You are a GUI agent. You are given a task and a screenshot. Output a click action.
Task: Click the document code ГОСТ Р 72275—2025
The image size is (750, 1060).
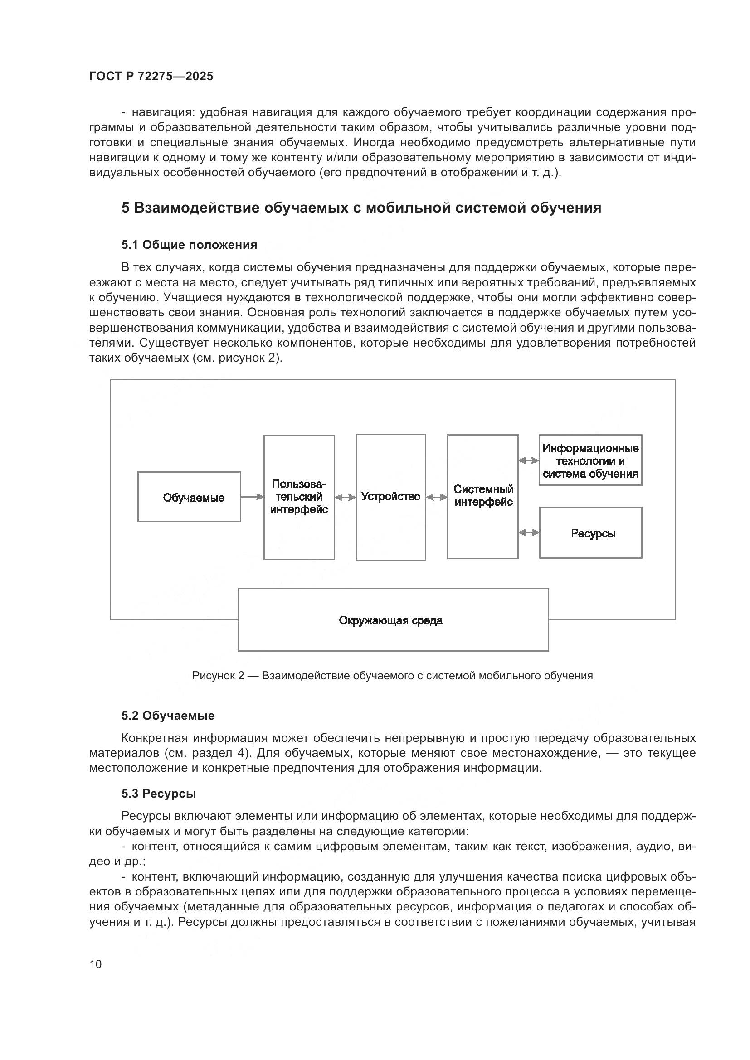click(x=151, y=76)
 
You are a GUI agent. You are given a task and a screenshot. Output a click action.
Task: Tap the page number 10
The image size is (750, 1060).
click(x=96, y=964)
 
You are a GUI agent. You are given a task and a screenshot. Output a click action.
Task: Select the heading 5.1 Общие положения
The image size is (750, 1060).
click(x=190, y=245)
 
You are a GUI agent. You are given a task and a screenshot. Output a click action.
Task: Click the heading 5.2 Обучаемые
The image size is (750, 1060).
click(x=168, y=716)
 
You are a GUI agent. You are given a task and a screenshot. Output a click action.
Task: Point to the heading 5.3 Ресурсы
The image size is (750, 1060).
click(x=158, y=794)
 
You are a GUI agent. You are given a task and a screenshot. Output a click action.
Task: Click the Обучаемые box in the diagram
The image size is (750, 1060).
click(x=189, y=497)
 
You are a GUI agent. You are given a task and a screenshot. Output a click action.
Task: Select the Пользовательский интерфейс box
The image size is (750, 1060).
click(x=299, y=497)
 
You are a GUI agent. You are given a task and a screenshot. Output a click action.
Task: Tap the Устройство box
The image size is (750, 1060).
click(x=391, y=497)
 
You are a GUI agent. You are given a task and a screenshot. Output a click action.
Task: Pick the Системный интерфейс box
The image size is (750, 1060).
click(x=482, y=497)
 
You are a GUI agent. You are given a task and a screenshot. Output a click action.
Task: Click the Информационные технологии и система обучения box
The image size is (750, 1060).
click(x=590, y=460)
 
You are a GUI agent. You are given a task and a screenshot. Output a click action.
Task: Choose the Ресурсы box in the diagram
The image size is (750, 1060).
click(x=591, y=533)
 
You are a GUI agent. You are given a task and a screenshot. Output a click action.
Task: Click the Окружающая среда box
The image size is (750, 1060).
click(x=393, y=620)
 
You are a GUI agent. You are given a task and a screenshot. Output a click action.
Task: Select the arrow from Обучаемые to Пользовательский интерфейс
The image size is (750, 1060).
click(x=252, y=497)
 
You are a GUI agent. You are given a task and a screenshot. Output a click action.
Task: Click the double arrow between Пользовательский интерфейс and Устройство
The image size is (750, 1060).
click(x=345, y=498)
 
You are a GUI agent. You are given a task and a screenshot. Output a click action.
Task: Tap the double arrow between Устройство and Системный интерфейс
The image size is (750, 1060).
click(x=436, y=497)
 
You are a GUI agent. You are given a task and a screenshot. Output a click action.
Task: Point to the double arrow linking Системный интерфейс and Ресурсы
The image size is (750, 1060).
click(x=529, y=533)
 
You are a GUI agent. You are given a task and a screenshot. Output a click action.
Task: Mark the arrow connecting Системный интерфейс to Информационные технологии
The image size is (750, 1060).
click(x=529, y=460)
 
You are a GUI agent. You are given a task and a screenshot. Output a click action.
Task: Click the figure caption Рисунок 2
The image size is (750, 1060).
click(x=392, y=676)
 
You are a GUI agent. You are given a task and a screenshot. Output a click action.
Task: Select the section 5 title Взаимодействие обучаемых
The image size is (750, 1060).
click(x=361, y=208)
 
